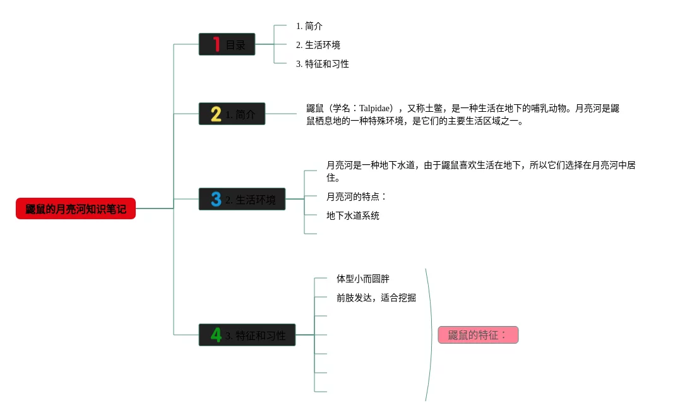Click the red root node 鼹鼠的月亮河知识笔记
76,208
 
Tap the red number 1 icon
216,44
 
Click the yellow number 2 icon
216,114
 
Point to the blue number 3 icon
216,200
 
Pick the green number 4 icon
216,335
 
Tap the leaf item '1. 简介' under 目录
309,26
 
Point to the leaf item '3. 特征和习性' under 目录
322,64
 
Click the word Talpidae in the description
376,108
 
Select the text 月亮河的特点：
356,196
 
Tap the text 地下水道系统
352,215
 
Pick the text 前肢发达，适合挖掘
376,298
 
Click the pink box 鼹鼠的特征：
478,335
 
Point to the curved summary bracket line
432,335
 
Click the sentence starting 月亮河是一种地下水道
480,166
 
